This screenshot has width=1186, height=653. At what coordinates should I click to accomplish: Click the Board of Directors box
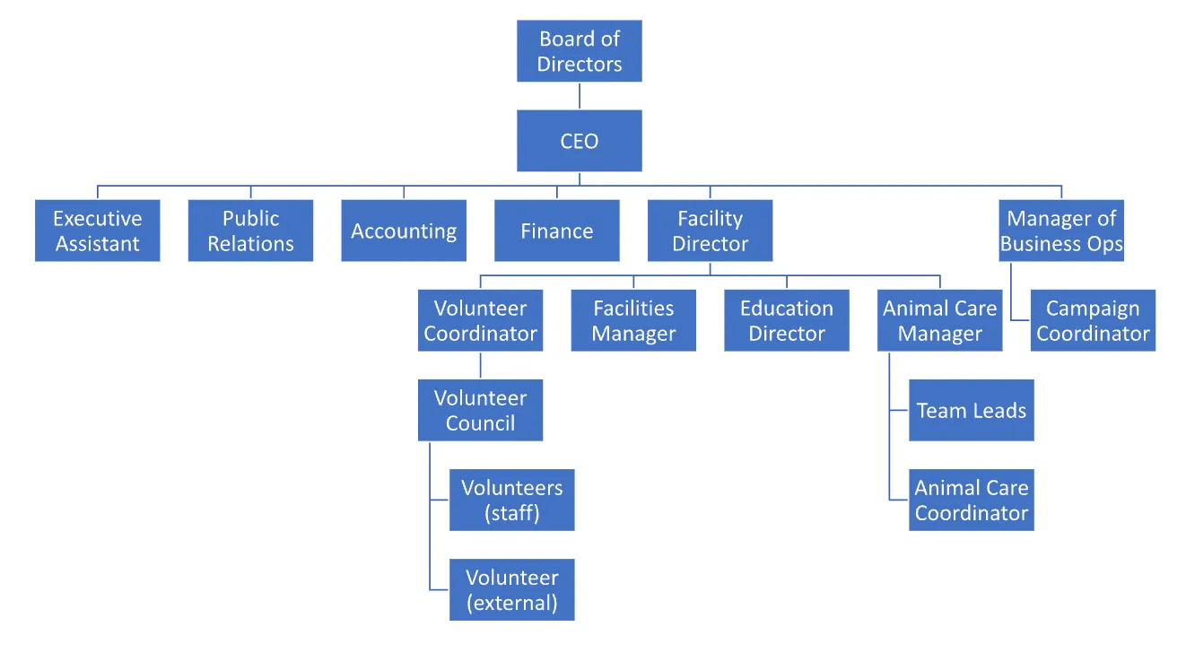coord(579,51)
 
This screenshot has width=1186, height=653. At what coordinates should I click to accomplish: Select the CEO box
coord(579,141)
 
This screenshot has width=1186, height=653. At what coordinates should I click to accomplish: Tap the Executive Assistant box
coord(97,231)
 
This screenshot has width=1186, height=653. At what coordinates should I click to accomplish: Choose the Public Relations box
coord(250,231)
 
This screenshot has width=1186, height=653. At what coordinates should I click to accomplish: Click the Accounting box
coord(404,231)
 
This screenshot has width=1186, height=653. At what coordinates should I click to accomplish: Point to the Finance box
coord(556,231)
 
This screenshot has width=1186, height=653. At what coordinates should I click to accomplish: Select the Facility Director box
coord(710,231)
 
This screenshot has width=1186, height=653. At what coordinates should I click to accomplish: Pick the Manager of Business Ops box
coord(1061,231)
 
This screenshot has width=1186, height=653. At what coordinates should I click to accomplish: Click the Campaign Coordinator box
coord(1093,320)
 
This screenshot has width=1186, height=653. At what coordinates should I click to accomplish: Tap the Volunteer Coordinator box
coord(480,320)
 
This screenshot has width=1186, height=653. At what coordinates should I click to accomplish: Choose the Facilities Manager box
coord(633,320)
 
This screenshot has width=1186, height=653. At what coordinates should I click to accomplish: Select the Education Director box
coord(787,320)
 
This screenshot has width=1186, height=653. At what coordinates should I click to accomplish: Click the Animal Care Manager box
coord(939,320)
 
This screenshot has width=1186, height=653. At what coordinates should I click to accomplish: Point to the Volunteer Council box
coord(480,410)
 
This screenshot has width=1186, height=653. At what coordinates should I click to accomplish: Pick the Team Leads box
coord(971,410)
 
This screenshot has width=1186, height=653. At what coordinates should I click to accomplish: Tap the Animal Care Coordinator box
coord(971,500)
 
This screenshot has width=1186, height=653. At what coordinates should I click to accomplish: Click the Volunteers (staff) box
coord(511,500)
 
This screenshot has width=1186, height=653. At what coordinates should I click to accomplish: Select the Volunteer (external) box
coord(511,589)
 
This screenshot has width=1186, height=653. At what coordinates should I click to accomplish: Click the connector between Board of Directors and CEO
coord(579,96)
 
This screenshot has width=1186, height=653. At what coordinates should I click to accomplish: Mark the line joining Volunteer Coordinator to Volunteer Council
coord(480,365)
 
